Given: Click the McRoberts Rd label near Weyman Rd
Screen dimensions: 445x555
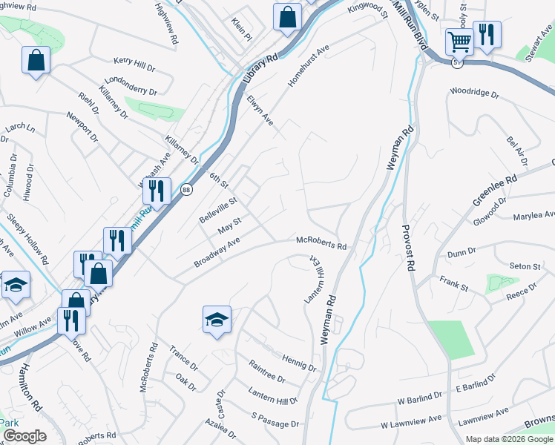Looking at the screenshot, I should pos(321,242).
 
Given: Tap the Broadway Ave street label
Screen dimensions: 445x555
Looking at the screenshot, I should pos(217,253).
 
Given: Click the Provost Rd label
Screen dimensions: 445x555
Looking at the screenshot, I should pos(407,248).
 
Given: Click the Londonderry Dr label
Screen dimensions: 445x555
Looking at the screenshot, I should pos(131,87).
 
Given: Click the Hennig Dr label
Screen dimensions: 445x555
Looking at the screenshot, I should pos(299,362).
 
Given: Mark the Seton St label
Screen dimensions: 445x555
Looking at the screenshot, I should pos(525,266).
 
